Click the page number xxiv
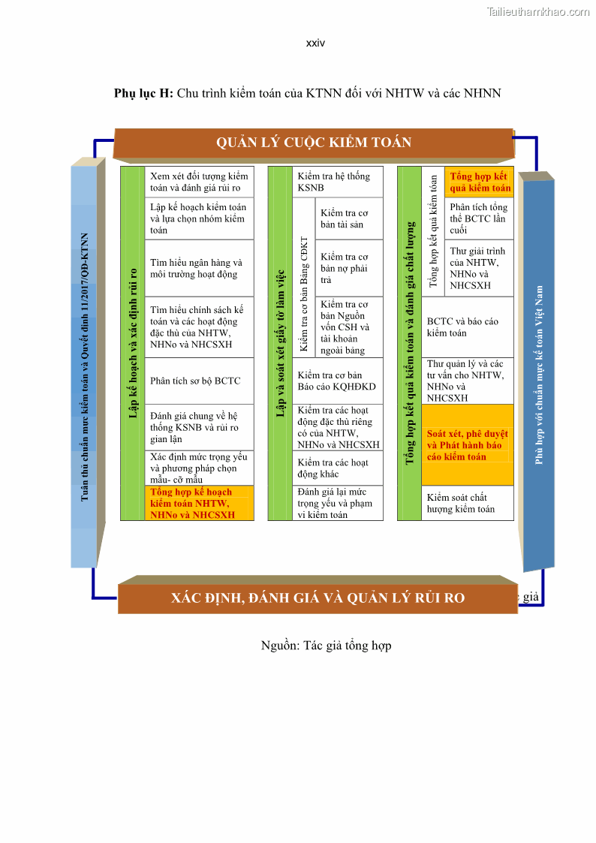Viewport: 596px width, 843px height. click(x=315, y=43)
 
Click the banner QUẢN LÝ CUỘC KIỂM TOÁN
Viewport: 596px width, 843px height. click(x=314, y=143)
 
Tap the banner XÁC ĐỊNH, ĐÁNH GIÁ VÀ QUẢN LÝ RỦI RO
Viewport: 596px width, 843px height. click(x=318, y=598)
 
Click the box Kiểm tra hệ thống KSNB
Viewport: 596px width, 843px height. click(x=337, y=182)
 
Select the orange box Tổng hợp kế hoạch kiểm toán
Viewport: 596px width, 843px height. click(x=199, y=504)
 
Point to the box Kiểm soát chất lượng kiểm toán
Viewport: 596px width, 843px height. click(x=467, y=503)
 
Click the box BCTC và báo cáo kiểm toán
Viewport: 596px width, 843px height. click(x=467, y=327)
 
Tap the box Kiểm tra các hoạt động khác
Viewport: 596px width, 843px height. click(x=337, y=468)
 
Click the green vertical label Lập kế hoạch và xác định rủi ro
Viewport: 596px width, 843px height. click(x=132, y=343)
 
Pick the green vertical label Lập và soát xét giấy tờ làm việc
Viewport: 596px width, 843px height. click(x=281, y=343)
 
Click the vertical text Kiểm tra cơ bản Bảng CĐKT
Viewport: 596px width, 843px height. click(x=303, y=295)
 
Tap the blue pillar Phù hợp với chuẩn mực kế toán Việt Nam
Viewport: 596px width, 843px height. click(x=539, y=374)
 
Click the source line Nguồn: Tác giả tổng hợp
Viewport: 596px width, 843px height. click(x=326, y=646)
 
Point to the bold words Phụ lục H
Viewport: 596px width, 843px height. click(x=143, y=93)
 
